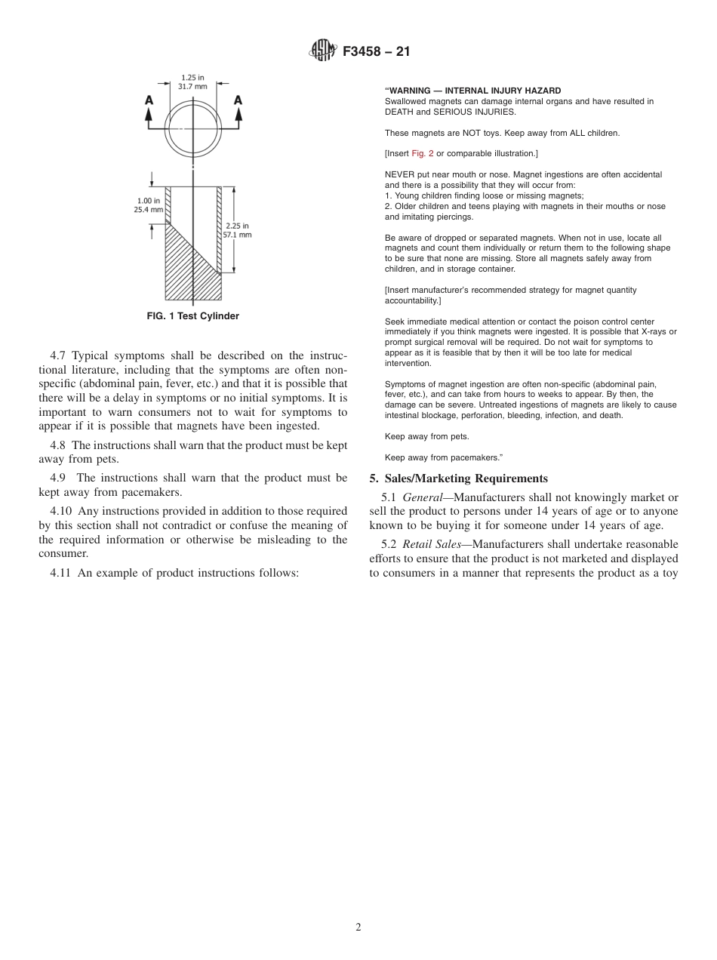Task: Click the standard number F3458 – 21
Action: (x=375, y=52)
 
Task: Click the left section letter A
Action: (x=149, y=100)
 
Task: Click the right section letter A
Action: (x=238, y=100)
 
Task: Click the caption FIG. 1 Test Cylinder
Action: (x=192, y=316)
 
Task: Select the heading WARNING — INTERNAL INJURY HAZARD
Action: (x=473, y=91)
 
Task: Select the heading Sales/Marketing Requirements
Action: (x=466, y=478)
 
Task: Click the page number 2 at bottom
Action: (x=358, y=928)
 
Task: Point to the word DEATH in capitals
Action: (x=400, y=112)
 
